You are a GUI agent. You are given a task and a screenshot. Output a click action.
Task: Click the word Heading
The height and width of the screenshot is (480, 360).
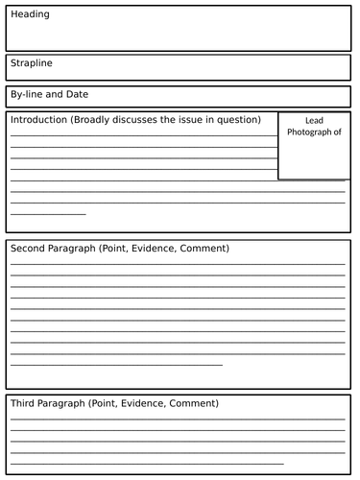pos(31,15)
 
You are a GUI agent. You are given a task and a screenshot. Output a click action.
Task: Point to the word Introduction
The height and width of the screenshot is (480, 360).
pos(40,120)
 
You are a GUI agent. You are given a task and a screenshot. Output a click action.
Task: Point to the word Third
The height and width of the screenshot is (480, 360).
pos(25,403)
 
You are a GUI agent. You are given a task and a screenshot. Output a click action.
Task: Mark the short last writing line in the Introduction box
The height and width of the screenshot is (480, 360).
pos(48,213)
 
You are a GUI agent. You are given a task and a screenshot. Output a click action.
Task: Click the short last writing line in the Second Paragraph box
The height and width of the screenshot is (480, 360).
pos(116,365)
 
